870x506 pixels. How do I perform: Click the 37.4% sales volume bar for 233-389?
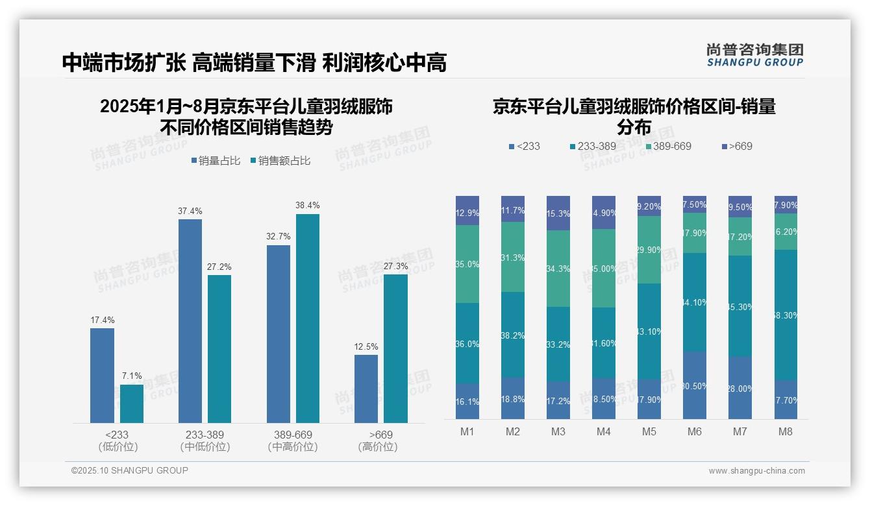click(190, 321)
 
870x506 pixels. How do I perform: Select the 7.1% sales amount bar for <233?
click(132, 404)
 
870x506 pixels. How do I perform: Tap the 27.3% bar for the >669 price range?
click(395, 348)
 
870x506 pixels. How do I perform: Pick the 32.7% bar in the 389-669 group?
click(278, 334)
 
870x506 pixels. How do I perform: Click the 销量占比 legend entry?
click(217, 161)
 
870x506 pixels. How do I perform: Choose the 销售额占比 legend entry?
click(280, 161)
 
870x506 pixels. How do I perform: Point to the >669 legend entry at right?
click(736, 146)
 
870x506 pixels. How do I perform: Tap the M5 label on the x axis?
click(649, 431)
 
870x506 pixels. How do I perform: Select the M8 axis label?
click(786, 431)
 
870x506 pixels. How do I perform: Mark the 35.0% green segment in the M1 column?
click(467, 264)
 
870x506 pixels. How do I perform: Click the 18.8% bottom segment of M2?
click(513, 399)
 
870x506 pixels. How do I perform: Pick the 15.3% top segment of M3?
click(558, 213)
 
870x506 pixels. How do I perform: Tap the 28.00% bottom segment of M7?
click(740, 388)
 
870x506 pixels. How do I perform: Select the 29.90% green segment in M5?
click(649, 250)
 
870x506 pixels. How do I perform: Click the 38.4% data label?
click(308, 205)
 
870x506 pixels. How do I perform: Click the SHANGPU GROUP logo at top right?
click(754, 55)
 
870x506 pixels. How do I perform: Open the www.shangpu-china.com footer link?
click(756, 471)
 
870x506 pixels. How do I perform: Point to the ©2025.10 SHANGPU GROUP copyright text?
click(130, 470)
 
